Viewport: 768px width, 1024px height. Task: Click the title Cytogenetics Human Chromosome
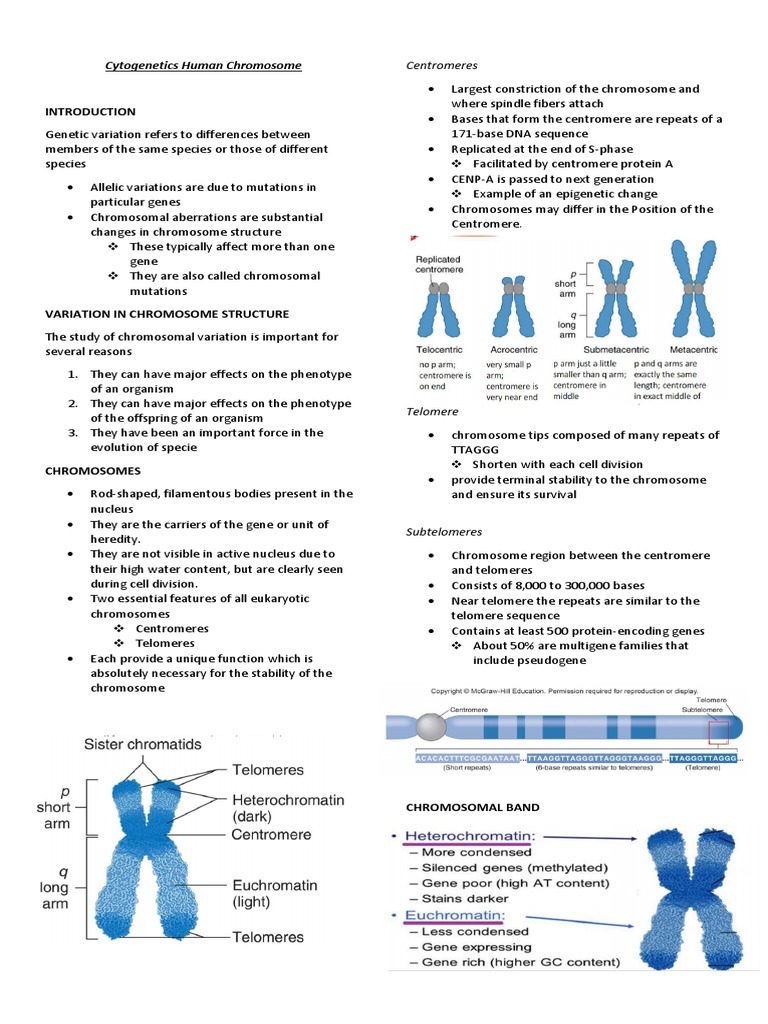point(203,66)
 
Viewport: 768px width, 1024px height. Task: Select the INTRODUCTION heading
point(91,111)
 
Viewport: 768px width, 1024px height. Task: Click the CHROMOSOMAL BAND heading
point(458,806)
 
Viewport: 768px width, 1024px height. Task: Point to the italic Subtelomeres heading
point(444,531)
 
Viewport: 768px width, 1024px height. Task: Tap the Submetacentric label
point(598,349)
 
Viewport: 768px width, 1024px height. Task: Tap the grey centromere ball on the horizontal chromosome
point(432,725)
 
